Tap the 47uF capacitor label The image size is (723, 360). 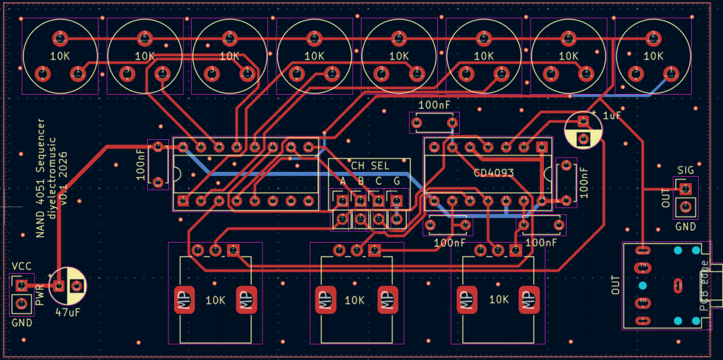(66, 312)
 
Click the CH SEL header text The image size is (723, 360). (369, 166)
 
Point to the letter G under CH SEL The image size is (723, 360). (396, 182)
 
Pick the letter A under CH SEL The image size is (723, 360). (343, 182)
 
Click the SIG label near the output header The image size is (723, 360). (685, 170)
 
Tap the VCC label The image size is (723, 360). (21, 266)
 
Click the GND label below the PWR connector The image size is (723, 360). (22, 323)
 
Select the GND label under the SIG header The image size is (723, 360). (685, 227)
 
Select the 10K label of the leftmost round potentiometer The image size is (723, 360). (59, 55)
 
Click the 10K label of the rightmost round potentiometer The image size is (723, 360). (653, 55)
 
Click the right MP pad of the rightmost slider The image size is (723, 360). (526, 300)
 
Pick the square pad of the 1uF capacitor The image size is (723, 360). (584, 137)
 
